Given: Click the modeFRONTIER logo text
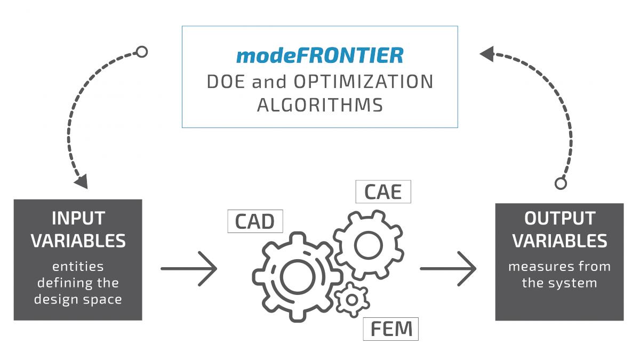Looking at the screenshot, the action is pos(319,55).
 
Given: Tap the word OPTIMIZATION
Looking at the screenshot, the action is pos(362,82).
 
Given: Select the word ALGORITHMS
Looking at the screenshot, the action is pos(319,105).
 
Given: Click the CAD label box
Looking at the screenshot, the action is pos(255,221).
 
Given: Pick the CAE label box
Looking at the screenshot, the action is pos(383,191).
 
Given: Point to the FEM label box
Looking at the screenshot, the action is pos(391,329).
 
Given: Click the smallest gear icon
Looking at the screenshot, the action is pos(352,300).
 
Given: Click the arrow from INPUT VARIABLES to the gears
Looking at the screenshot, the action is pos(189,268).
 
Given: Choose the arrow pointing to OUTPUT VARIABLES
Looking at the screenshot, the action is pos(448,268).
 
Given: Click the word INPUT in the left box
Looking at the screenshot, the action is pos(78,219).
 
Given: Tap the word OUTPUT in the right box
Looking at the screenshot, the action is pos(559,219).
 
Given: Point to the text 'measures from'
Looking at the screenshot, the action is pos(559,266).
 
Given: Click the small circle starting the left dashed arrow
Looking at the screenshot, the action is pos(142,52).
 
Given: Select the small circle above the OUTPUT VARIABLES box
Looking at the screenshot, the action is pos(561,183).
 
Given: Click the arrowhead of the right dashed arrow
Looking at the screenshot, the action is pos(487,53).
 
